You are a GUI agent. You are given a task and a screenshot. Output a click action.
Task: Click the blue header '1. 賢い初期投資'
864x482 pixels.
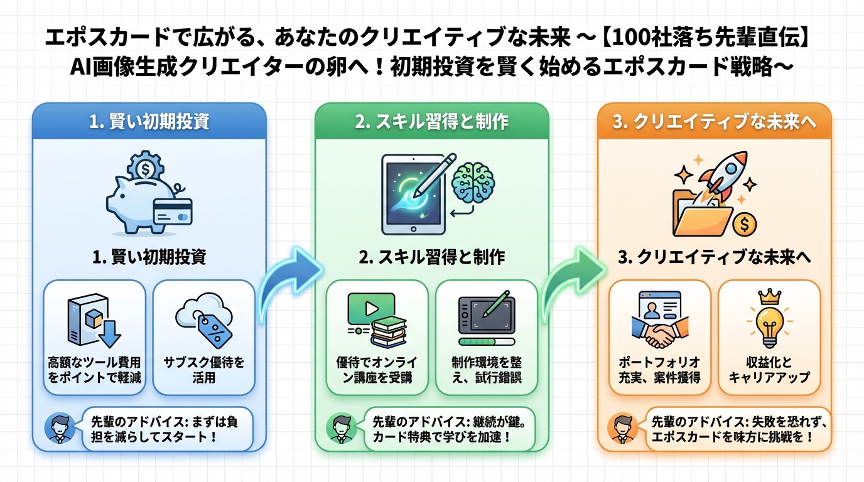click(149, 121)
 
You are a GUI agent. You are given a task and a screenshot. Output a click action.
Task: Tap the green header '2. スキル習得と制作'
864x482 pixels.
click(431, 121)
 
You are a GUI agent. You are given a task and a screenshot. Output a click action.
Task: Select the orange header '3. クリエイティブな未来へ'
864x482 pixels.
click(714, 121)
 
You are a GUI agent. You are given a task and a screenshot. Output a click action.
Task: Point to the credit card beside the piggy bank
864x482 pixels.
click(172, 212)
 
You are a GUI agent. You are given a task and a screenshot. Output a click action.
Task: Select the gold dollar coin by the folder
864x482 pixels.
click(745, 223)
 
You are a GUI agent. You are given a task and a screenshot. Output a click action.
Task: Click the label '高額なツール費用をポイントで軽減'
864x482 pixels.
click(94, 370)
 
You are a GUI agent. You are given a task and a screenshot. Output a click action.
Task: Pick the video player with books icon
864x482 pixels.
click(375, 320)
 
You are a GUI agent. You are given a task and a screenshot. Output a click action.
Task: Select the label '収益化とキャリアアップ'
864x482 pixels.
click(769, 370)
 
